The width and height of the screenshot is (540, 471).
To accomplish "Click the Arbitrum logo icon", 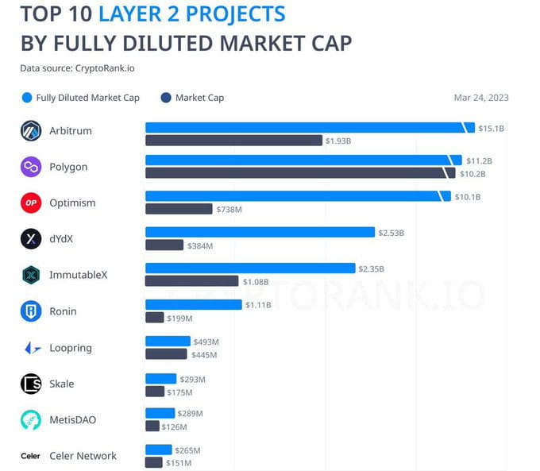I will point(31,131).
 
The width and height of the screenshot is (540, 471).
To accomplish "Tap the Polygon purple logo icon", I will point(31,167).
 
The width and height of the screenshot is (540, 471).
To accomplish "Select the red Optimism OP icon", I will point(31,203).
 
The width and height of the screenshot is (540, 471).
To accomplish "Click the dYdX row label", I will point(61,239).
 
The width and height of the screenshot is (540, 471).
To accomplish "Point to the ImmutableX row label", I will point(78,275).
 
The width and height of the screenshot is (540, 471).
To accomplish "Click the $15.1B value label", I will point(491,128).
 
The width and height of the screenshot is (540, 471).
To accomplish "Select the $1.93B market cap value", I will point(337,141).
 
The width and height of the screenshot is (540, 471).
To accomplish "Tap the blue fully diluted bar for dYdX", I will point(260,232).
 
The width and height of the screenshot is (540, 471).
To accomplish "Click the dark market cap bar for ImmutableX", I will point(191,281).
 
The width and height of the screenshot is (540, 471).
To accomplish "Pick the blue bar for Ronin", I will point(193,304).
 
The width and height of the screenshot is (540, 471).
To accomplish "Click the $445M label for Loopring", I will point(204,355).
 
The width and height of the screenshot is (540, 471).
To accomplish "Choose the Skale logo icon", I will point(31,384).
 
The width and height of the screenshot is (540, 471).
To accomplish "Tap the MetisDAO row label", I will point(72,419).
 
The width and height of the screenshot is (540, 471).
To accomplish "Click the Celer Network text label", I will point(83,456).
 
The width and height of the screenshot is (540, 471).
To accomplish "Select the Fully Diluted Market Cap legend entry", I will point(87,98).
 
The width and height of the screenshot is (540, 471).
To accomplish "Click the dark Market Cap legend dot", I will point(166,98).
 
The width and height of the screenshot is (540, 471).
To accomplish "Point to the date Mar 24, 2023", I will point(480,98).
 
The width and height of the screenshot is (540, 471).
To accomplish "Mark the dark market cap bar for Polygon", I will point(294,173).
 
